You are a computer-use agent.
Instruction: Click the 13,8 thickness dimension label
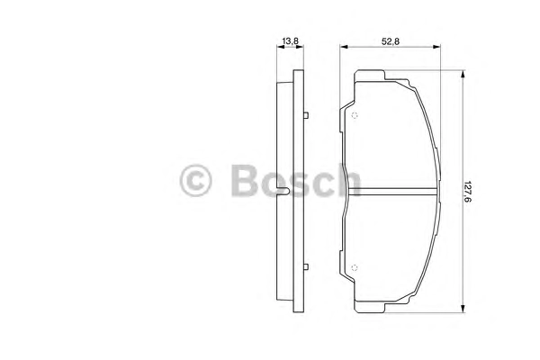(x=290, y=41)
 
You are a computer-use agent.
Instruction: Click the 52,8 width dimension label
(x=391, y=41)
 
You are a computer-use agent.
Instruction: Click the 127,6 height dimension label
(x=467, y=192)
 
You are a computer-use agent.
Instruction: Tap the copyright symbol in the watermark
(x=195, y=181)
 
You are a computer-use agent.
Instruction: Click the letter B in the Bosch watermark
(x=245, y=181)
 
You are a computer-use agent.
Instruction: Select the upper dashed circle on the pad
(x=355, y=115)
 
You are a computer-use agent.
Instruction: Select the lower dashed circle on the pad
(x=355, y=267)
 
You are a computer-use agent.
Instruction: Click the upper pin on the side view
(x=306, y=115)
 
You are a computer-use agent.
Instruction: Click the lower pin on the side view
(x=306, y=267)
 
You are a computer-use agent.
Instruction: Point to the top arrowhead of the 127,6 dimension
(x=463, y=75)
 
